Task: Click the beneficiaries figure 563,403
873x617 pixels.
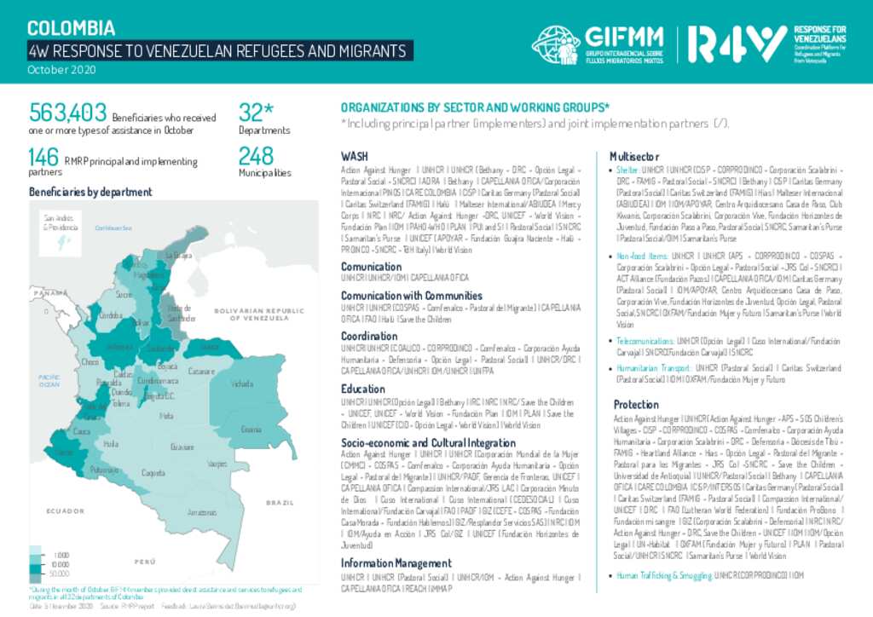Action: [x=68, y=112]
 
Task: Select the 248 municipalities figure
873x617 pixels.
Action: [x=256, y=156]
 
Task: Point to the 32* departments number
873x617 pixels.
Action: [x=256, y=112]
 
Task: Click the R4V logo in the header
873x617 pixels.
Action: [x=737, y=42]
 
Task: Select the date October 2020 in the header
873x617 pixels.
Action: [x=61, y=69]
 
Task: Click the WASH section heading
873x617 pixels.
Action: [x=355, y=157]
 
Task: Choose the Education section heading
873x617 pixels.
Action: [x=363, y=389]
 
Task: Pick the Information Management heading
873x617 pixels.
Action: [x=396, y=563]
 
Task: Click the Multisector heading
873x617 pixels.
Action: [x=634, y=157]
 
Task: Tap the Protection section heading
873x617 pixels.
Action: [x=636, y=404]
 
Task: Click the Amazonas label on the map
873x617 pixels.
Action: [x=202, y=512]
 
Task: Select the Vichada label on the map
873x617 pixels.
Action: [x=242, y=383]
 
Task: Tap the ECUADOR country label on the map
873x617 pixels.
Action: [x=65, y=510]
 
